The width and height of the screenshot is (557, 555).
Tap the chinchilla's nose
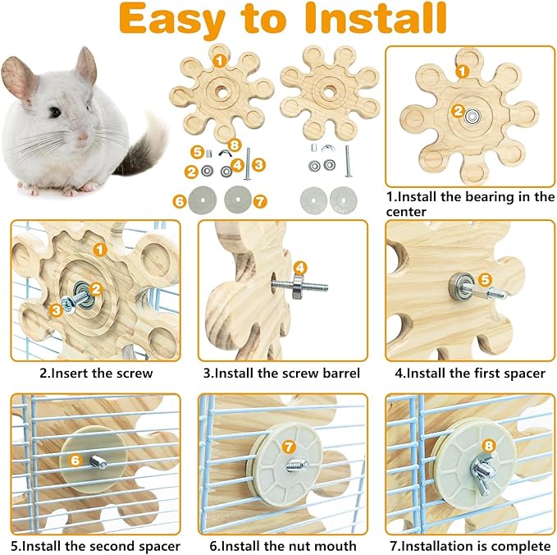pos(81,136)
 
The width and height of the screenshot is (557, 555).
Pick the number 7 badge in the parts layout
pos(260,200)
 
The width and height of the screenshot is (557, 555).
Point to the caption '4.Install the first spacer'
pos(469,373)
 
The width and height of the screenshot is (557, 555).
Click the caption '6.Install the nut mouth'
pos(281,545)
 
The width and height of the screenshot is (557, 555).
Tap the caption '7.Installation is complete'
pos(469,545)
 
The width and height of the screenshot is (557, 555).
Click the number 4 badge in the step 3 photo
pos(300,267)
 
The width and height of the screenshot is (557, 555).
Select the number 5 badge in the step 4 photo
pos(485,279)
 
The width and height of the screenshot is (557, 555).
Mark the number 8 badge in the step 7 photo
pos(490,446)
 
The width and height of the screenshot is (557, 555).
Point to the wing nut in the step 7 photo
pos(478,475)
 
